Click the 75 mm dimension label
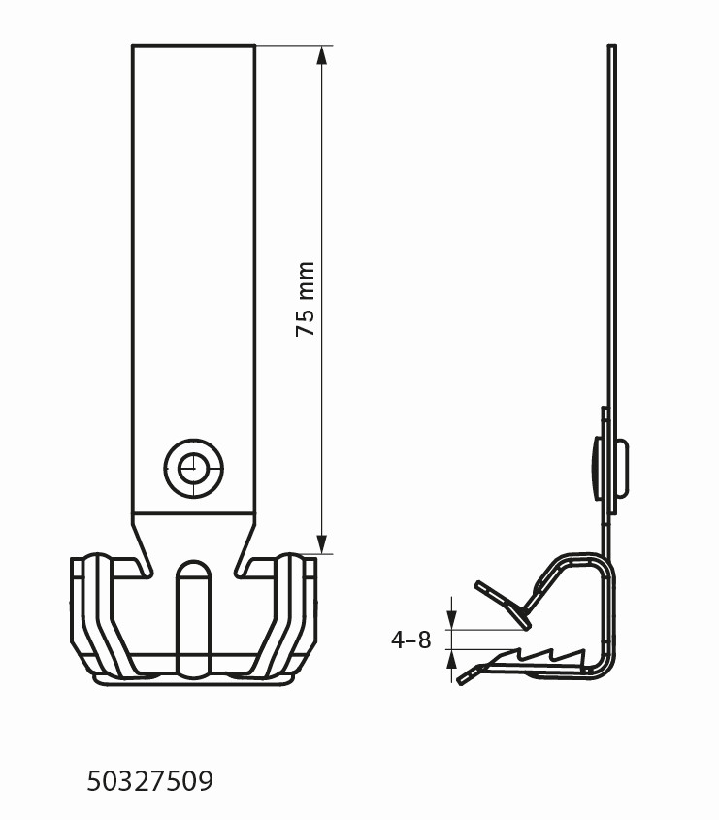click(x=306, y=299)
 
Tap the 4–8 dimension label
click(x=411, y=640)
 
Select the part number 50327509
click(x=150, y=781)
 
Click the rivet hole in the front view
click(x=193, y=468)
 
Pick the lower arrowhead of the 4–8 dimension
click(x=452, y=660)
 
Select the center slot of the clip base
click(x=193, y=617)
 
